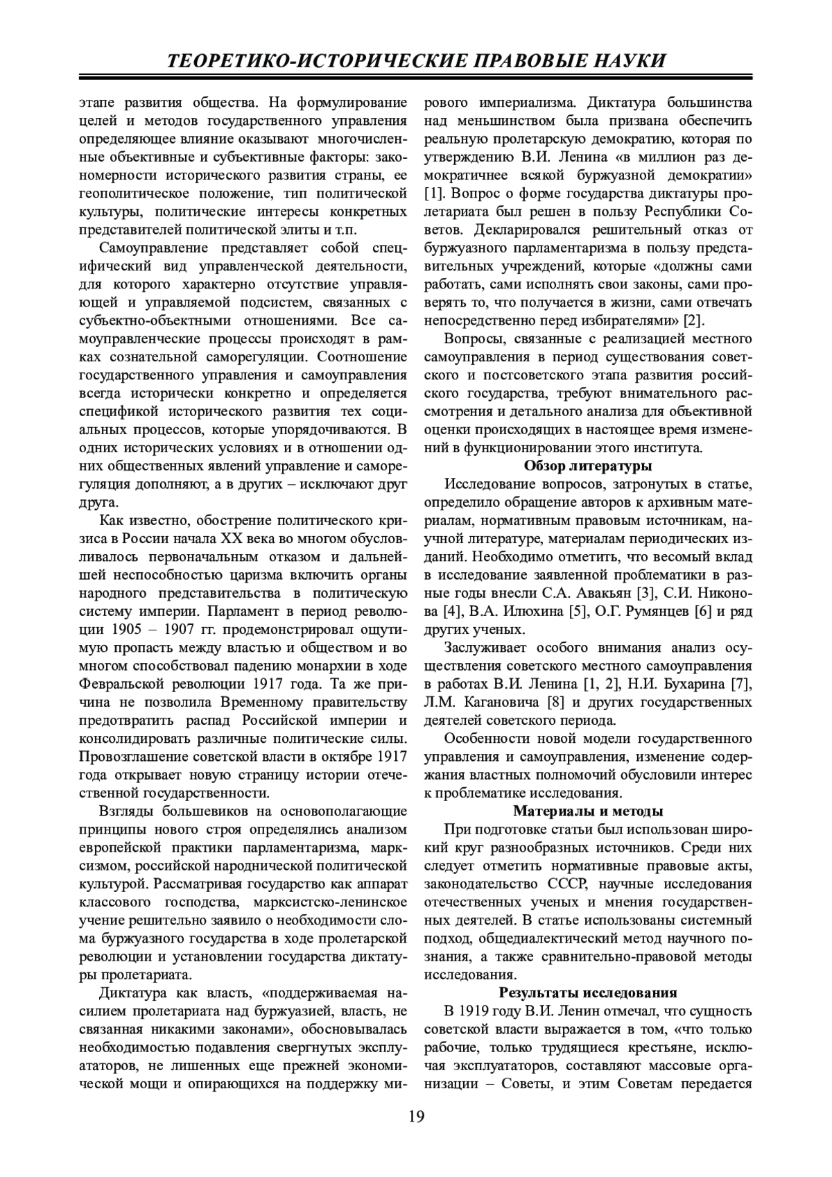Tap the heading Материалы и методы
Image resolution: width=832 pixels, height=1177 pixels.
coord(587,811)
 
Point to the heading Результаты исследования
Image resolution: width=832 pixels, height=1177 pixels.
coord(587,993)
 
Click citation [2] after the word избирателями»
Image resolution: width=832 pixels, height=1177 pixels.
coord(694,320)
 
